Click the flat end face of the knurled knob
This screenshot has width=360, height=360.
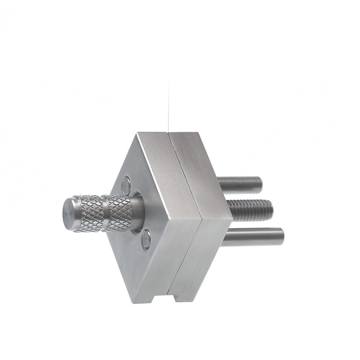coord(69,214)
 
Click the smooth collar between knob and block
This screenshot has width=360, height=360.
coord(137,211)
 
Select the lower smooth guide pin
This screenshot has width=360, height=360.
coord(254,237)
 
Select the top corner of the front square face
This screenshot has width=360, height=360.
coord(137,134)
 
